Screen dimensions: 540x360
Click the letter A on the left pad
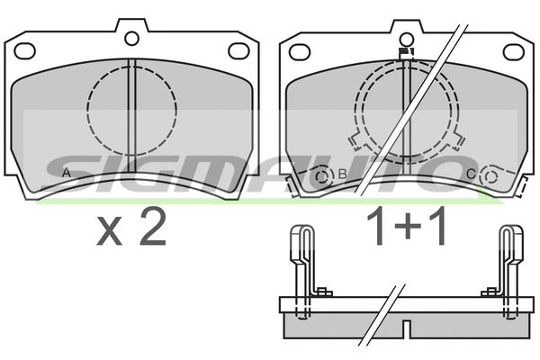[x=65, y=172]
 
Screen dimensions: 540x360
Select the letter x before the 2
[x=109, y=231]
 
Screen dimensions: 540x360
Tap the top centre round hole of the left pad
[x=132, y=38]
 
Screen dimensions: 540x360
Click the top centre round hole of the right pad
[x=406, y=39]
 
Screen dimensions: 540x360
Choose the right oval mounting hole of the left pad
[x=239, y=50]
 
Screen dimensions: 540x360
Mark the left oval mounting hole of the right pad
[x=300, y=50]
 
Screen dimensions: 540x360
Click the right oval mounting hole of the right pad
[x=513, y=50]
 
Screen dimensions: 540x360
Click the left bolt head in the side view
[x=323, y=292]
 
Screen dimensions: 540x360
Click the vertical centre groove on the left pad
[x=132, y=117]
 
